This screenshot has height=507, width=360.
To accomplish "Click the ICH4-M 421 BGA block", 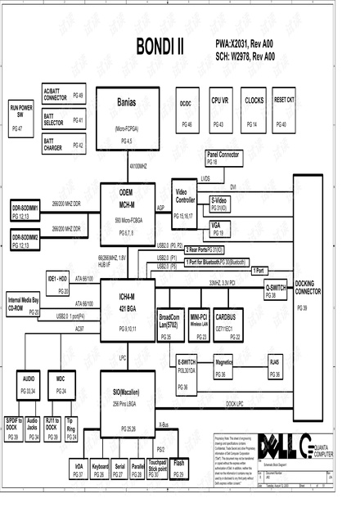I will coord(127,307).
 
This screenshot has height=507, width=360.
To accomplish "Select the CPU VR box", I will coord(219,109).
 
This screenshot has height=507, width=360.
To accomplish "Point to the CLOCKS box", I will coord(254,109).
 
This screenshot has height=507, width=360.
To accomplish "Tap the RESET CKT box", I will coord(284,109).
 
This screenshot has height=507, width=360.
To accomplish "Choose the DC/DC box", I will coord(186,109).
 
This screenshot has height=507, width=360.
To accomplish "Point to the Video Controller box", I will coord(187,201).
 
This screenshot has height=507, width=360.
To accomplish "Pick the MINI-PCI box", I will coord(199,324).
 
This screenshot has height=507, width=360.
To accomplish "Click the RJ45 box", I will coord(274,366).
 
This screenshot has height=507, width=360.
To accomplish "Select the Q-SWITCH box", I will coord(275,291).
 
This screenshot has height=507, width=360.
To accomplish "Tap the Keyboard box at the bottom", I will coord(100,469).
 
